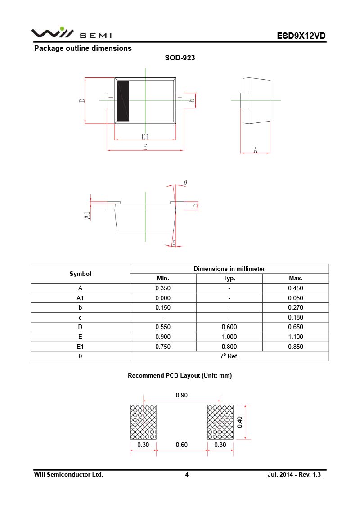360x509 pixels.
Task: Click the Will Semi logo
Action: [71, 34]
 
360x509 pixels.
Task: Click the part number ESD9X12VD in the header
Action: [301, 36]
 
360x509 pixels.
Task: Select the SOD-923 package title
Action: [180, 58]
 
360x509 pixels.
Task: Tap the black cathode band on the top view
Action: [123, 101]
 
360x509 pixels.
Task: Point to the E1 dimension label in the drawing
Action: [145, 136]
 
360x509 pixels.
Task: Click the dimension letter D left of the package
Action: [82, 101]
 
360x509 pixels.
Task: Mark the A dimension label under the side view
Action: [255, 150]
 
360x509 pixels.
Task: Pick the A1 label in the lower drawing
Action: [87, 215]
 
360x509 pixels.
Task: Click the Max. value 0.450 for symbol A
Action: [296, 288]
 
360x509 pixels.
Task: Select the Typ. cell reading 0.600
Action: [229, 327]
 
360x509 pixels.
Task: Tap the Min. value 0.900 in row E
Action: [163, 337]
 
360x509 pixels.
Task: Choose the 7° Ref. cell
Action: [229, 356]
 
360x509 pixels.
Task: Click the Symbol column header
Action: [80, 274]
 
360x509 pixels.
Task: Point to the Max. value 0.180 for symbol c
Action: [296, 317]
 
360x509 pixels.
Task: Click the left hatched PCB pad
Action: [144, 422]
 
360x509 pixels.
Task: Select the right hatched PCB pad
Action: [220, 422]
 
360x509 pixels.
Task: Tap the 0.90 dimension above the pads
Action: [182, 395]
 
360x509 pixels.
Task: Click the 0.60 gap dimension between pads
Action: [182, 445]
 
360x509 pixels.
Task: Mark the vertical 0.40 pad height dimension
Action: [240, 422]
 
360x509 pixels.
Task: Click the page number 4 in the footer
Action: [187, 474]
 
